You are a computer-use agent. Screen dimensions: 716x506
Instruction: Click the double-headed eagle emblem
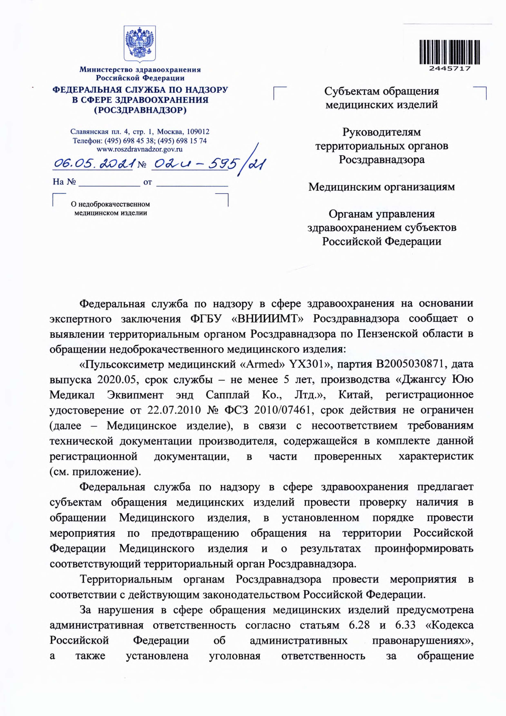point(140,44)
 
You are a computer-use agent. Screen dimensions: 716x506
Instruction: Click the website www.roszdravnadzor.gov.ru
point(139,149)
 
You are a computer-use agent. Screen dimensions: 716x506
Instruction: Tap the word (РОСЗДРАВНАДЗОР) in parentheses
point(140,110)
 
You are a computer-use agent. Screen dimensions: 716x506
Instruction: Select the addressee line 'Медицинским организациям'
point(381,187)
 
